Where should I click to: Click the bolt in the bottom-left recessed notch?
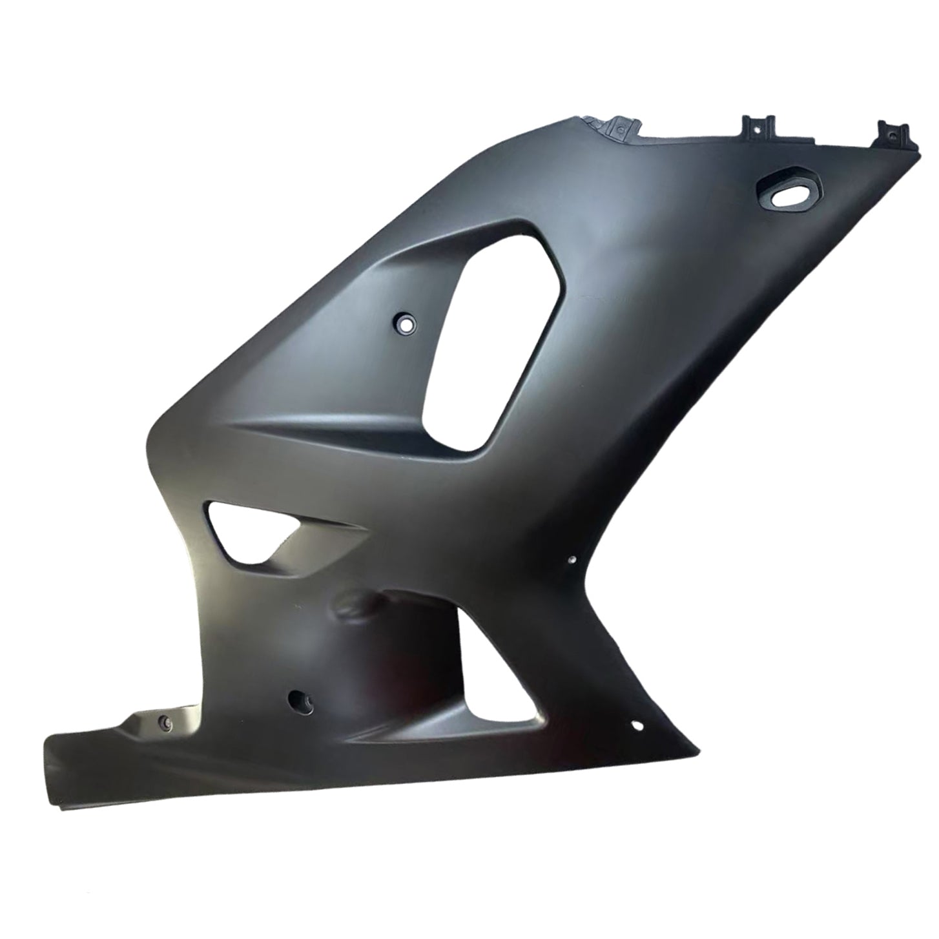point(164,723)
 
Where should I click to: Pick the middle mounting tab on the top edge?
point(759,125)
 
